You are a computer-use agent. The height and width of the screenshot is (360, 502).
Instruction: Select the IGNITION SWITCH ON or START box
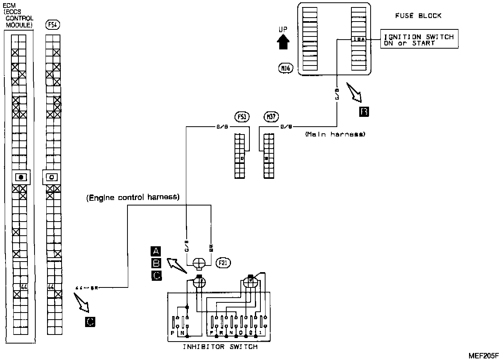point(419,40)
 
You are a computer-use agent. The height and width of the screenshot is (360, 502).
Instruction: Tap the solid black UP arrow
point(283,40)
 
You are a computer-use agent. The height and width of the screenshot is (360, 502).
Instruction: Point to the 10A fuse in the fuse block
point(358,39)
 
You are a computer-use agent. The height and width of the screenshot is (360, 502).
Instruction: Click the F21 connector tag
point(222,262)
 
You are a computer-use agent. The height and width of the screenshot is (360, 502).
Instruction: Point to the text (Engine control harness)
point(133,197)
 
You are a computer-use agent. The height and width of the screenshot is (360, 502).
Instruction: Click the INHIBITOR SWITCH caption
point(220,347)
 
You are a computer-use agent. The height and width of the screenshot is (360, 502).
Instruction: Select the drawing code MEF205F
point(484,355)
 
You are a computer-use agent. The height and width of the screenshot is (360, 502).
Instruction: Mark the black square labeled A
point(156,251)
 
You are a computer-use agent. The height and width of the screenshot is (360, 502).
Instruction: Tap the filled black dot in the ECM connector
point(21,177)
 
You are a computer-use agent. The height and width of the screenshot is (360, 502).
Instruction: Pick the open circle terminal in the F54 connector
point(51,177)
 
